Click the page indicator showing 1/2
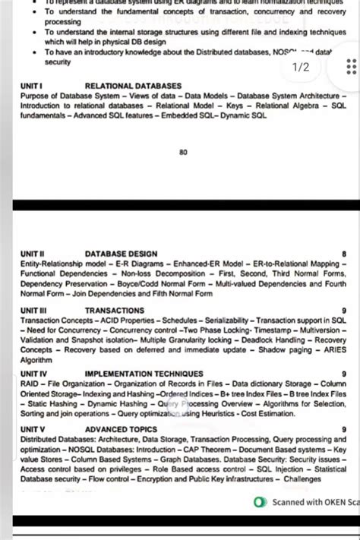(302, 68)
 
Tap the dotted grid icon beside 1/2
(351, 67)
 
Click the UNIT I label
(32, 87)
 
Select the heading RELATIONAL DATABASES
(134, 87)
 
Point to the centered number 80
(183, 153)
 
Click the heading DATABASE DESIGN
(122, 254)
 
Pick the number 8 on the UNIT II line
(344, 254)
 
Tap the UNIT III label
(34, 311)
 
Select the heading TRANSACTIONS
(115, 311)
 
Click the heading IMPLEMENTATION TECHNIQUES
(144, 374)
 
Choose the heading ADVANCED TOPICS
(122, 430)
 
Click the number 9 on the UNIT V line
(344, 430)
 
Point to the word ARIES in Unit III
(333, 350)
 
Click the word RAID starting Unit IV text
(30, 384)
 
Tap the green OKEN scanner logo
(261, 502)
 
